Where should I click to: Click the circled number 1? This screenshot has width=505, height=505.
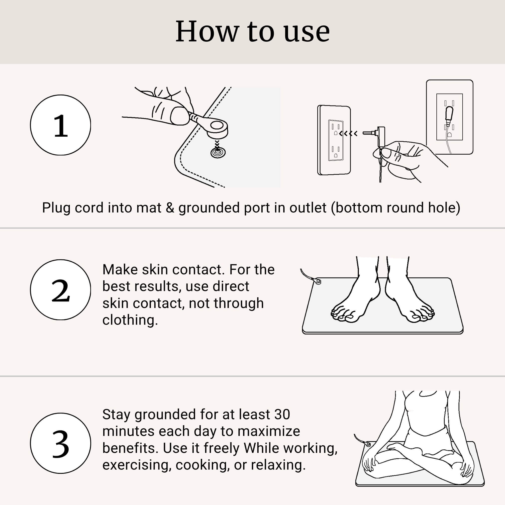(x=60, y=125)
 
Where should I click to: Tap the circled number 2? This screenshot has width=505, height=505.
(x=60, y=290)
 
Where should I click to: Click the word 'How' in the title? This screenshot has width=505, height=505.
(x=207, y=32)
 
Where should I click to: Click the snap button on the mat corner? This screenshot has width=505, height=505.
(x=218, y=152)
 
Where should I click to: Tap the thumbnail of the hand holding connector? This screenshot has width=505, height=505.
(x=179, y=116)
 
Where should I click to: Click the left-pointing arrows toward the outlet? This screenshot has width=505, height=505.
(x=348, y=134)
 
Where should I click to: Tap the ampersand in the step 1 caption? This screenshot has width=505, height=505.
(x=170, y=208)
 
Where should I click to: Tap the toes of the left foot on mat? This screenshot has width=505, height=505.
(x=342, y=315)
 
